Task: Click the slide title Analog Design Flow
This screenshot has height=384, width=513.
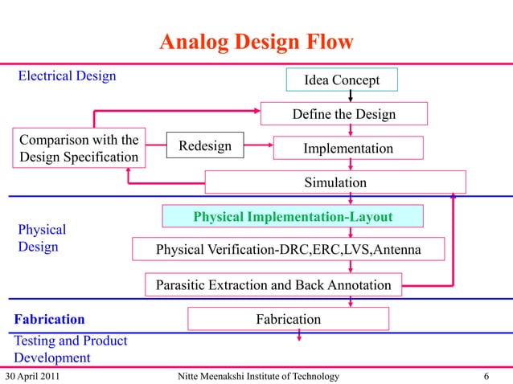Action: tap(256, 42)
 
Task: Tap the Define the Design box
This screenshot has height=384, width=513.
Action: tap(343, 114)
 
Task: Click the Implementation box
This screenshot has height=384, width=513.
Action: tap(347, 149)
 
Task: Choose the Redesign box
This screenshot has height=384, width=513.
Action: tap(204, 146)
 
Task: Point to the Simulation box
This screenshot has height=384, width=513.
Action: tap(334, 182)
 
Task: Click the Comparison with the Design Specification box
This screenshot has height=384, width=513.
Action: tap(79, 147)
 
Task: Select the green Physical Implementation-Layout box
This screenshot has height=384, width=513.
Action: tap(293, 217)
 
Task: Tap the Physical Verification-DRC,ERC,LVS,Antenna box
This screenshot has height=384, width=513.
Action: tap(287, 251)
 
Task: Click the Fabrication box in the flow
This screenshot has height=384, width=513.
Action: tap(288, 319)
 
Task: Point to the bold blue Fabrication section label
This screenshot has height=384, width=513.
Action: tap(49, 320)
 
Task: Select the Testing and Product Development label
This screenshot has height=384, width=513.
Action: tap(70, 349)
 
